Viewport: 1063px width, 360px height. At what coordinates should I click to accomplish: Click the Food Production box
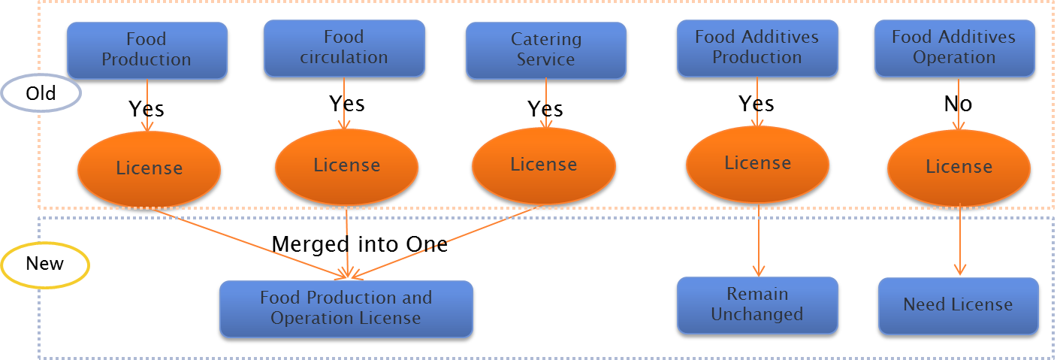pos(146,50)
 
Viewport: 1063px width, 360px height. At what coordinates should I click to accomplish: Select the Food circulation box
pos(344,47)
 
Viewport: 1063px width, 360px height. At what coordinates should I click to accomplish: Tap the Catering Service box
pos(545,50)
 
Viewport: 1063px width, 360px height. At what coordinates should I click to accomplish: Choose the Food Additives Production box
pos(756,47)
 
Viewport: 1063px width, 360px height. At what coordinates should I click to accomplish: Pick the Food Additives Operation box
pos(953,47)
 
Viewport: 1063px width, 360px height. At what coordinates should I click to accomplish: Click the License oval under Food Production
pos(149,168)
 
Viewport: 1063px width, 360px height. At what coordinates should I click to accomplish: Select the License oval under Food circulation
pos(346,165)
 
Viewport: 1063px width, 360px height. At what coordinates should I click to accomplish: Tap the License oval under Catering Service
pos(543,165)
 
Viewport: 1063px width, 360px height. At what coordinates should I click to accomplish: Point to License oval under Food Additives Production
pos(757,163)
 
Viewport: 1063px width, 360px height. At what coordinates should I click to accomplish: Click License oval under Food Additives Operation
pos(959,167)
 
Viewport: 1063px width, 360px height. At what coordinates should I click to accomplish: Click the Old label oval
pos(41,94)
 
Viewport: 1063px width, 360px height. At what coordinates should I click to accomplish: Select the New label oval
pos(45,264)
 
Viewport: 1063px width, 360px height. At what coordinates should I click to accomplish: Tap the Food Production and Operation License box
pos(346,308)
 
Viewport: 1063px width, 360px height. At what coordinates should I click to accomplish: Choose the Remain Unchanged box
pos(756,304)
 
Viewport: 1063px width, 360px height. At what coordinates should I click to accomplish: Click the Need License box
pos(958,305)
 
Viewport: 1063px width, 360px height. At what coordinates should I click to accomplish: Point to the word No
pos(958,104)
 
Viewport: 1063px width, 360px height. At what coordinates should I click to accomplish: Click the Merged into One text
pos(359,244)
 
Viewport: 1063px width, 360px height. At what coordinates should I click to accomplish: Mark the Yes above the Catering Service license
pos(545,109)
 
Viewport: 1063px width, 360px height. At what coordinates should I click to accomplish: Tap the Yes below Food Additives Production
pos(756,103)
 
